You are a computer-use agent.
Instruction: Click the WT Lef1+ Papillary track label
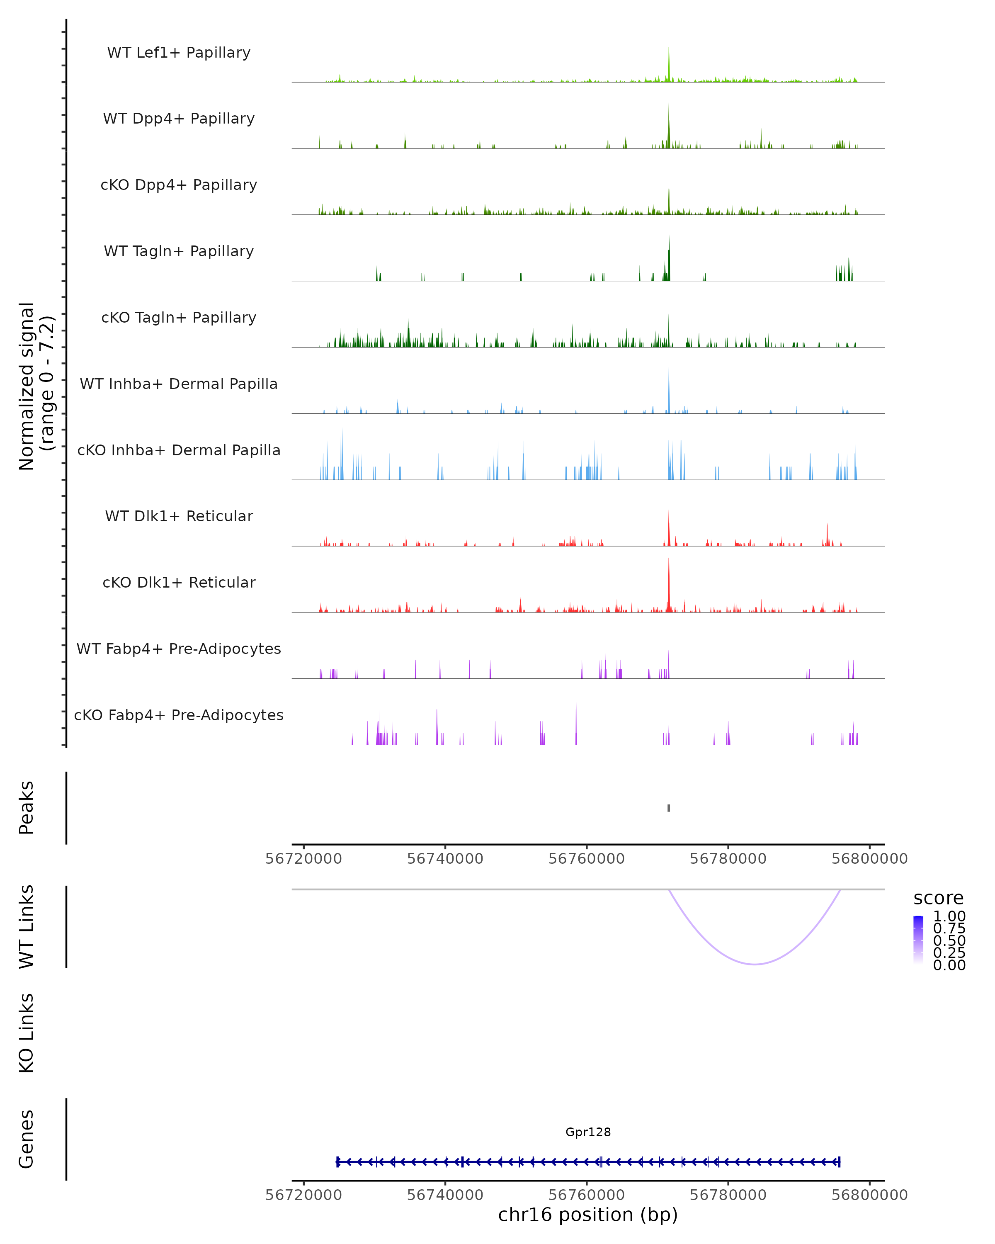[179, 53]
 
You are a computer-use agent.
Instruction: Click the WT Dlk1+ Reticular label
[179, 516]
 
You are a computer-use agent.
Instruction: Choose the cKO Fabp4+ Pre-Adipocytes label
[179, 715]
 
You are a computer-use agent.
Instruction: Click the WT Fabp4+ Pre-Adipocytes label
[179, 649]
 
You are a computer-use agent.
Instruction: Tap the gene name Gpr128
[588, 1132]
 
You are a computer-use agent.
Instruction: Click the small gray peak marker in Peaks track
[669, 808]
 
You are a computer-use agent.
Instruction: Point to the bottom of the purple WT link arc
[755, 964]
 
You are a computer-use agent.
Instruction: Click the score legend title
[939, 899]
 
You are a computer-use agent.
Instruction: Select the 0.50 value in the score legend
[949, 940]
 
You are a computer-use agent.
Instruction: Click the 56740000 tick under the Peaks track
[445, 859]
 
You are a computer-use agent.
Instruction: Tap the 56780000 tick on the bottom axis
[728, 1195]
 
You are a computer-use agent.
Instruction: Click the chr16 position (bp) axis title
[588, 1215]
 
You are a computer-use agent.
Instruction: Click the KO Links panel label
[27, 1033]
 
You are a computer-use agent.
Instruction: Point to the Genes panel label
[27, 1139]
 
